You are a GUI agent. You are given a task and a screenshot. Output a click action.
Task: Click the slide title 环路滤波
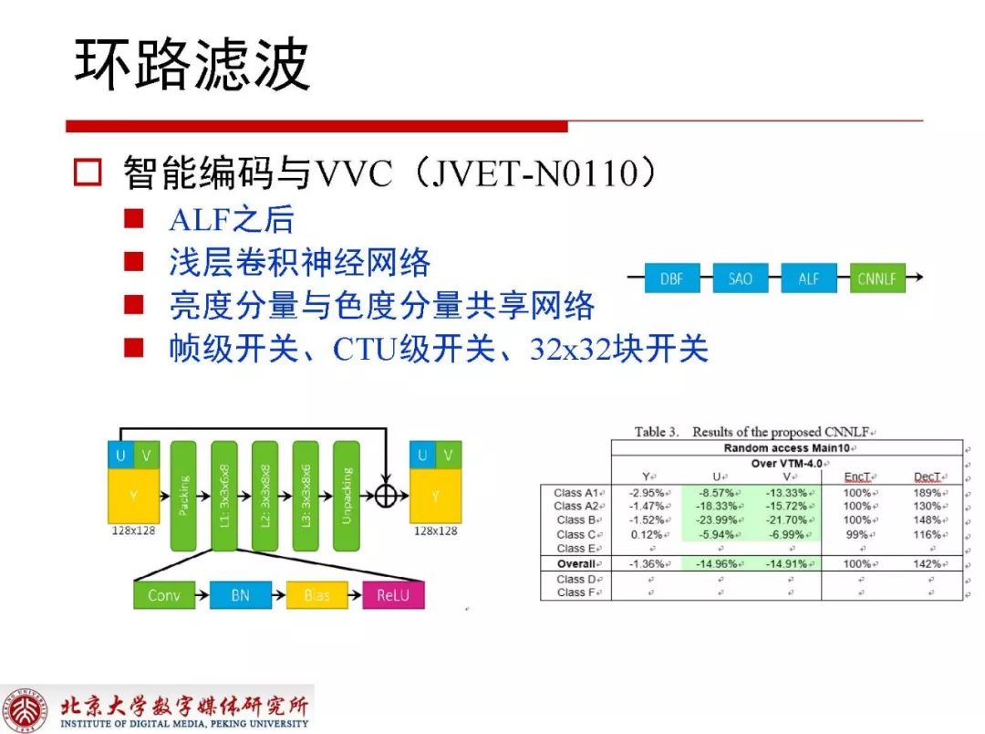point(192,66)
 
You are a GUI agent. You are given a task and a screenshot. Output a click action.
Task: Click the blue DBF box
point(671,278)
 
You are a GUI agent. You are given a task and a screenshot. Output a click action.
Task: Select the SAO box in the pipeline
point(740,278)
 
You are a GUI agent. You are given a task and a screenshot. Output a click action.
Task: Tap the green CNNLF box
point(876,278)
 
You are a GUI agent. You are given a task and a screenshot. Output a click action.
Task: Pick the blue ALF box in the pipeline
point(808,278)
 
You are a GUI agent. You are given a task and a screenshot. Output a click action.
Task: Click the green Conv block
point(164,595)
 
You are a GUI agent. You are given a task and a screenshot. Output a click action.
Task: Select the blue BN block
point(240,595)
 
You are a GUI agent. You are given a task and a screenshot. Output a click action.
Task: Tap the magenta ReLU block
point(393,595)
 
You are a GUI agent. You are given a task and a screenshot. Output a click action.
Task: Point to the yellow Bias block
point(317,595)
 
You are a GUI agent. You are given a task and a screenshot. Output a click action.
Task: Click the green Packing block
point(183,495)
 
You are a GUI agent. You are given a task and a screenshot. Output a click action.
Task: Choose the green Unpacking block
point(347,495)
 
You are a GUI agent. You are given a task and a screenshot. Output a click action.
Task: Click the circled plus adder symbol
point(387,495)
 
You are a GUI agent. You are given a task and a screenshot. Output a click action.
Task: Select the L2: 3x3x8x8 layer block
point(265,495)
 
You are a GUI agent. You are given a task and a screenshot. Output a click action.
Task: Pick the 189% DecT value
point(927,493)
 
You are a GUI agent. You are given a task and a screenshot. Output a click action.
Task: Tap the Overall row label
point(576,564)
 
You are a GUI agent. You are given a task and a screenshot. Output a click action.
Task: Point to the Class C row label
point(576,534)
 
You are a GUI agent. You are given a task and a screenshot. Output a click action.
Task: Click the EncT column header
point(857,477)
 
